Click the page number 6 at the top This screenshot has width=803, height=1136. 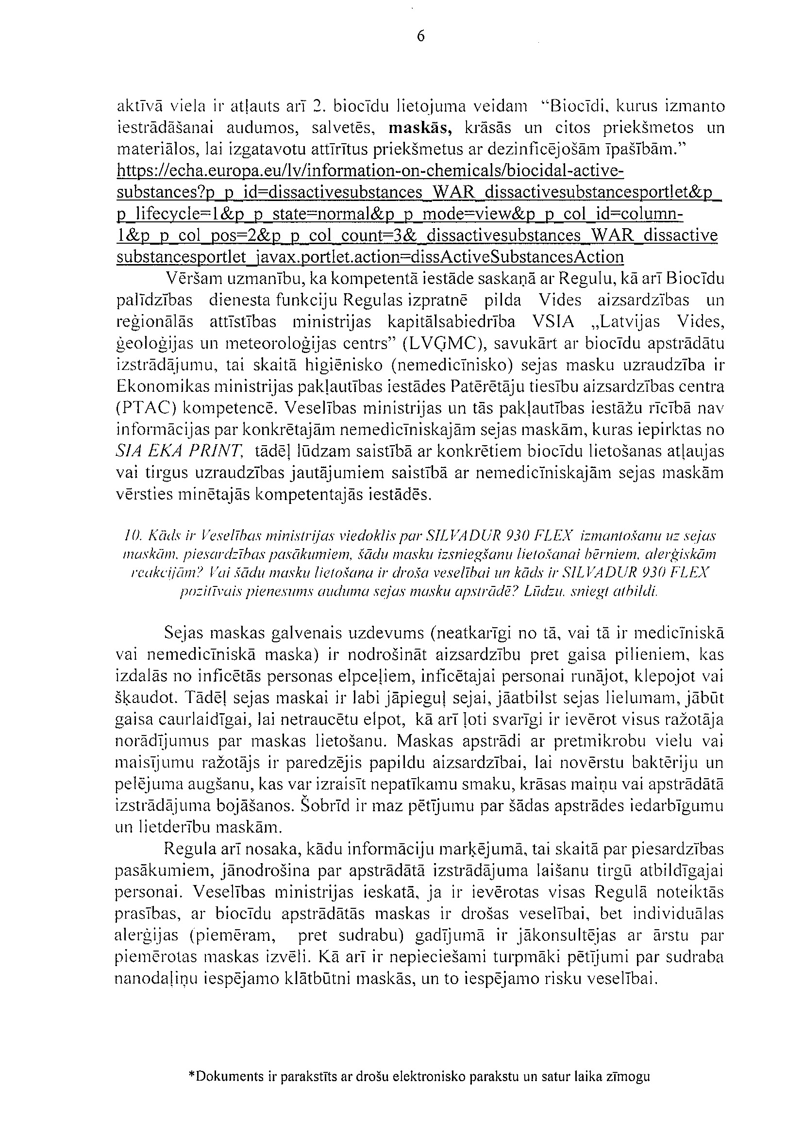[x=420, y=36]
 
